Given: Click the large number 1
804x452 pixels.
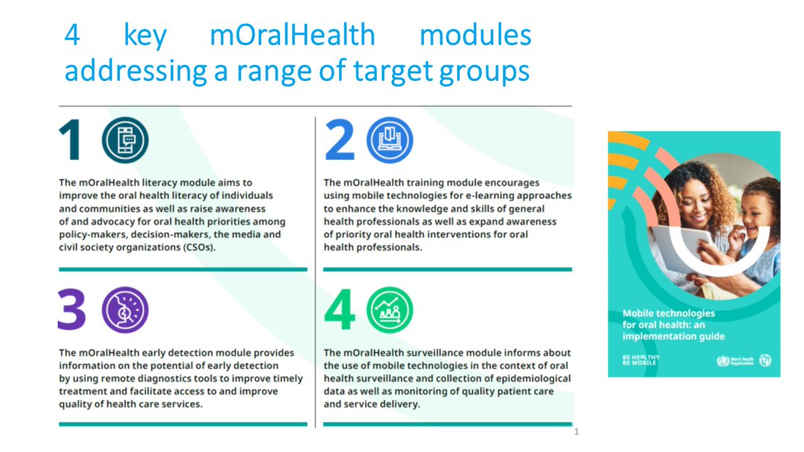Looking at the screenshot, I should click(x=71, y=141).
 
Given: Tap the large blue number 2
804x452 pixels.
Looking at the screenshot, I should click(x=339, y=141).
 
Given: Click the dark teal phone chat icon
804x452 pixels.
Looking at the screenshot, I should click(x=125, y=141).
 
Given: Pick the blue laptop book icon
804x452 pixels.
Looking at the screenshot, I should click(x=390, y=141).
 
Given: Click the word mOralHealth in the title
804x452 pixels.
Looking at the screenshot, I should click(x=292, y=35).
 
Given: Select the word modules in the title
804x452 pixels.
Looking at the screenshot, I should click(x=475, y=35).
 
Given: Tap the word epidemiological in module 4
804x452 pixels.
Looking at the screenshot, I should click(x=529, y=378).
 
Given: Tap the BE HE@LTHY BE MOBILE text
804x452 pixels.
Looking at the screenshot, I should click(x=641, y=360).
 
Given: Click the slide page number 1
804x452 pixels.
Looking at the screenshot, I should click(x=576, y=432).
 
